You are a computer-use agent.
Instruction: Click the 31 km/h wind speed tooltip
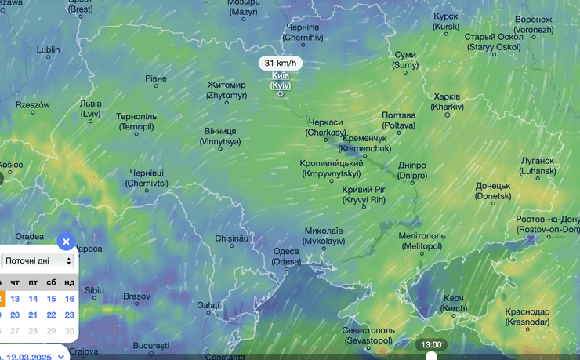[281, 63]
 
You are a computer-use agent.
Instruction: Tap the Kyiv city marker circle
[281, 94]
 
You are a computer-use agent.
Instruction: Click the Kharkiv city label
[447, 101]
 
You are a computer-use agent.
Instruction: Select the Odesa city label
[286, 256]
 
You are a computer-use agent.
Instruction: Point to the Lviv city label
[91, 108]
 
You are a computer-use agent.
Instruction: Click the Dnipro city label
[412, 170]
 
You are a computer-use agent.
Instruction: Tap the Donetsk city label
[493, 191]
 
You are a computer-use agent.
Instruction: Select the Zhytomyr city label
[227, 89]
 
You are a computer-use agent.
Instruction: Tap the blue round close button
[67, 242]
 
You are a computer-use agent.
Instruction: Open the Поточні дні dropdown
[38, 260]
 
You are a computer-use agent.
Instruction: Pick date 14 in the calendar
[33, 299]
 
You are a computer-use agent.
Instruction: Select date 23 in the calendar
[70, 315]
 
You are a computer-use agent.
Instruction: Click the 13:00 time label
[431, 344]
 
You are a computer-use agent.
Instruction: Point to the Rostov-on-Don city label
[547, 224]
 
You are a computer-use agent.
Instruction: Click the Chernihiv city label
[303, 32]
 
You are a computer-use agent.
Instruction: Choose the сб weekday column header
[51, 282]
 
